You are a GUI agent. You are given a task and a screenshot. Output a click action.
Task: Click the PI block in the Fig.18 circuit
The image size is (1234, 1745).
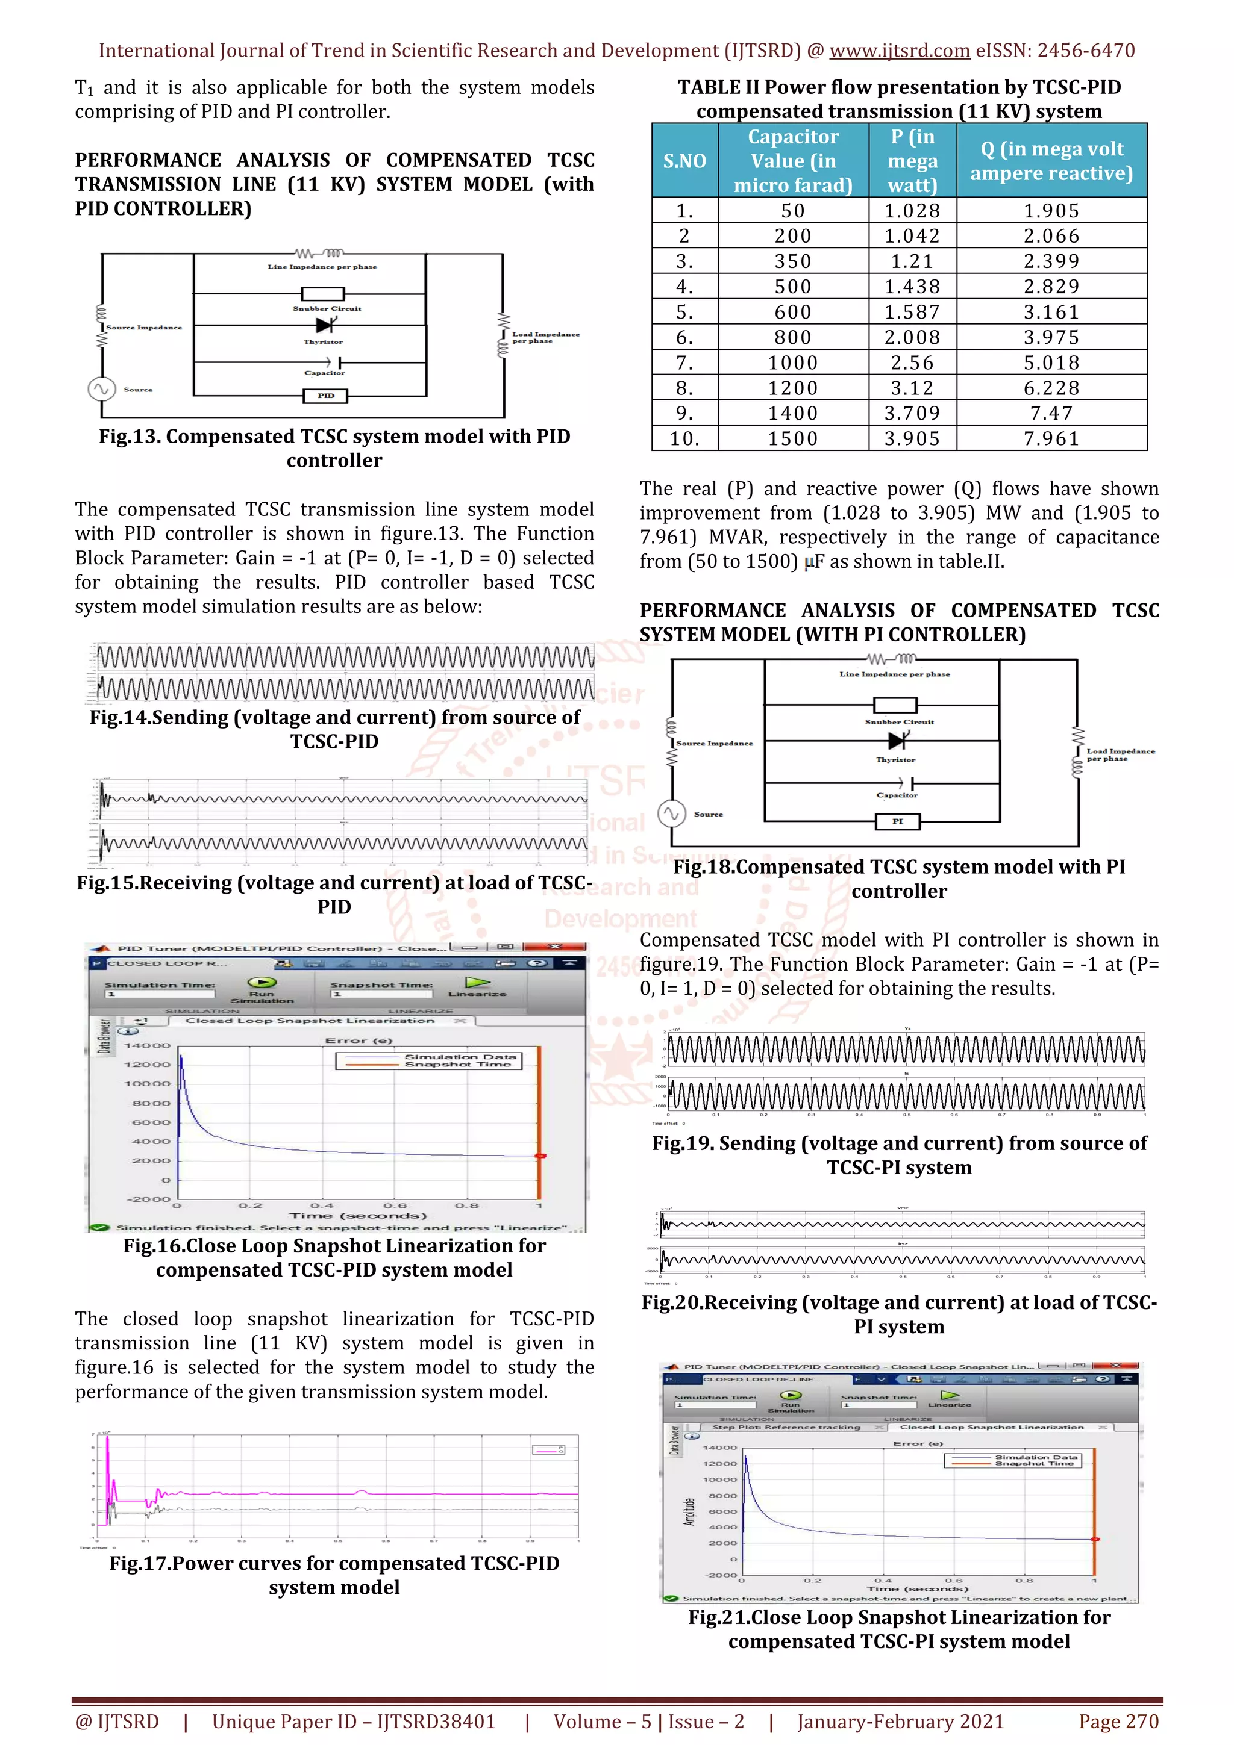click(x=897, y=821)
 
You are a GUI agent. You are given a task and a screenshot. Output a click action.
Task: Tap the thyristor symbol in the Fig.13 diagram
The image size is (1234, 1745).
click(x=325, y=325)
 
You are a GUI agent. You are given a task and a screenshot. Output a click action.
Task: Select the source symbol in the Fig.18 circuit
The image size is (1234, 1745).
click(x=671, y=814)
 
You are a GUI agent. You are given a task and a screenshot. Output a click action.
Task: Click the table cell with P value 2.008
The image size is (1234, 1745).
click(x=912, y=337)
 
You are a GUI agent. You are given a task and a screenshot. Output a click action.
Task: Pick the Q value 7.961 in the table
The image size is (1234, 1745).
click(x=1051, y=438)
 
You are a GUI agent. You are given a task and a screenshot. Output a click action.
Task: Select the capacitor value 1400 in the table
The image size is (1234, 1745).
click(x=792, y=414)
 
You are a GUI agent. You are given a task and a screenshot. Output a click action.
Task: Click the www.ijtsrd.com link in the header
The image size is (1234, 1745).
click(x=900, y=51)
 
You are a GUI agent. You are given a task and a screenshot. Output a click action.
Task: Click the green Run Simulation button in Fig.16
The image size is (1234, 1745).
click(x=262, y=983)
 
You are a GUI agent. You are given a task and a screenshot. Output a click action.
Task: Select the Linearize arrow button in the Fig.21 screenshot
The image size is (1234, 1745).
click(x=950, y=1395)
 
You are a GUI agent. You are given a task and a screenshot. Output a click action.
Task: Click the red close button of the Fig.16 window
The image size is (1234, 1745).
click(x=555, y=947)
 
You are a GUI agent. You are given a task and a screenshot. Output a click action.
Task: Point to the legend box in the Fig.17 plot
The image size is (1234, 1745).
click(x=548, y=1449)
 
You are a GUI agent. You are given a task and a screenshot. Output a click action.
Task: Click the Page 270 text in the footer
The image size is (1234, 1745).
click(x=1118, y=1722)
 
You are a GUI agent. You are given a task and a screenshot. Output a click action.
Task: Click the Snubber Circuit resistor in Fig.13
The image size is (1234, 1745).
click(x=323, y=294)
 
